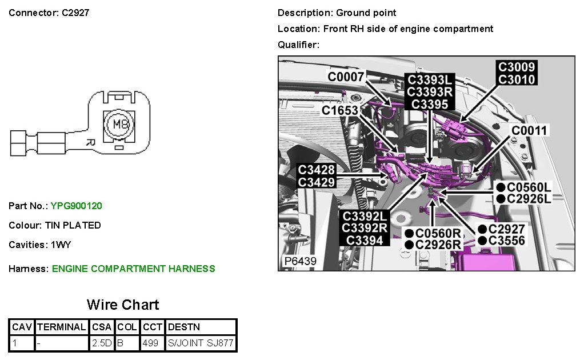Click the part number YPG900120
coord(76,206)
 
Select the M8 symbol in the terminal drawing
coord(119,124)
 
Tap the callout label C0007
coord(346,76)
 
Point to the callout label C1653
coord(340,110)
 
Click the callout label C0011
coord(529,131)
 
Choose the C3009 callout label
coord(517,67)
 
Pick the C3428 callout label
coord(317,170)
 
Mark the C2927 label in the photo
coord(507,229)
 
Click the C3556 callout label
coord(507,241)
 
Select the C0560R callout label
coord(438,233)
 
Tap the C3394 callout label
coord(365,241)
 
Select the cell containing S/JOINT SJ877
coord(201,343)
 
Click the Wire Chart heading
coord(123,305)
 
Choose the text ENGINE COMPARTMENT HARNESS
coord(133,269)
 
